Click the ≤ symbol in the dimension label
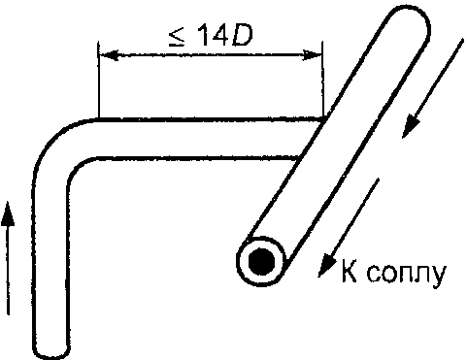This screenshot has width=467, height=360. tap(177, 36)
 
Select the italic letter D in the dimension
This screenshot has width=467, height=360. tap(241, 35)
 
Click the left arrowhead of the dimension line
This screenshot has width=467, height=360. tap(108, 54)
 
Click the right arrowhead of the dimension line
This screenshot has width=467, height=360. tap(313, 55)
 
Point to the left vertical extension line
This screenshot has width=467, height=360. tap(98, 80)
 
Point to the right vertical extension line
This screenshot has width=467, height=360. tap(322, 80)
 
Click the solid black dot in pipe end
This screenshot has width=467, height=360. tap(261, 262)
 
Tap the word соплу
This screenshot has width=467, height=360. tap(407, 275)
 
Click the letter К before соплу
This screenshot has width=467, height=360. tap(350, 271)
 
